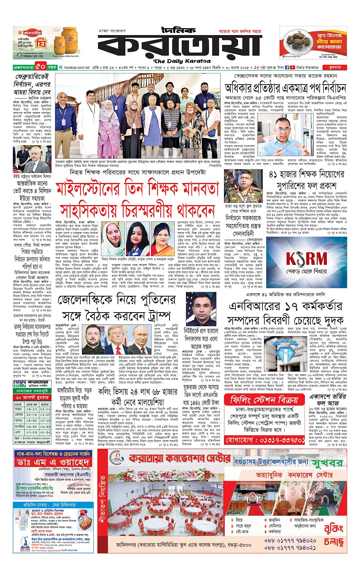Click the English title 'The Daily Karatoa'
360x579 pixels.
point(182,61)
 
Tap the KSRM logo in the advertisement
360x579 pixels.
point(307,259)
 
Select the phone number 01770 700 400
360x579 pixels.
point(328,57)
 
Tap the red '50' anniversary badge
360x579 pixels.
point(41,67)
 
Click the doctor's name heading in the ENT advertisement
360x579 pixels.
point(53,462)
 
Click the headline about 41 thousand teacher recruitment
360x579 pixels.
point(306,180)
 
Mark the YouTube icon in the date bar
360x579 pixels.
point(292,67)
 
